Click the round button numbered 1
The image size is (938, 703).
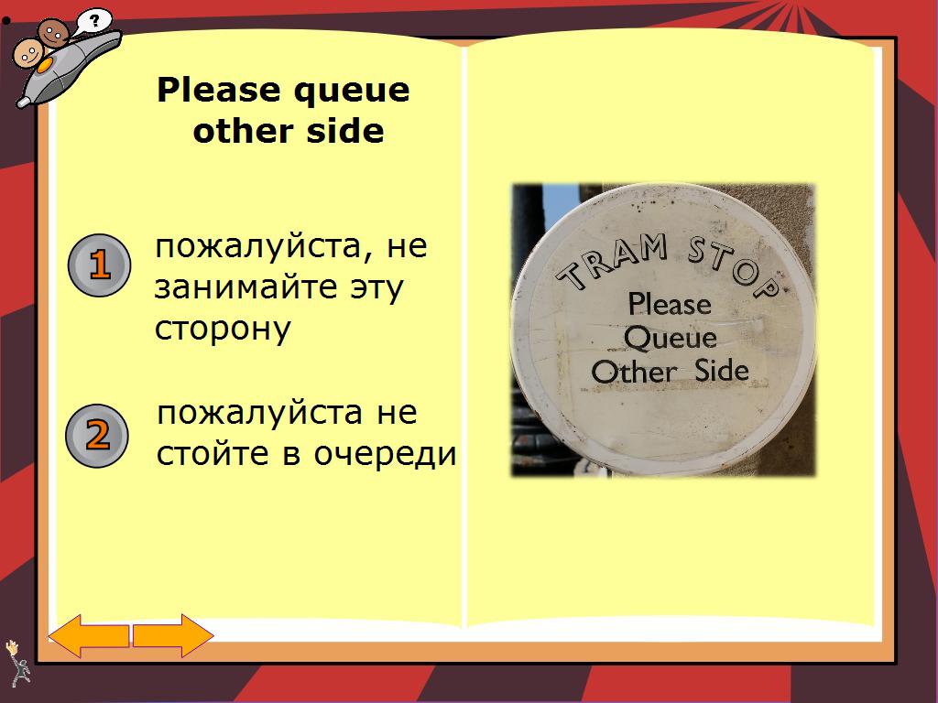point(100,265)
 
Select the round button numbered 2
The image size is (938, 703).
point(97,435)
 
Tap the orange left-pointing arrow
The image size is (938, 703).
point(89,635)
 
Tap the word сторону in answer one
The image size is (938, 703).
point(223,330)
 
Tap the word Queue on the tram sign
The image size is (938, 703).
point(670,339)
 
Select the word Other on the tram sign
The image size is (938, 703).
point(634,372)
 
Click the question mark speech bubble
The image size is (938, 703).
point(93,19)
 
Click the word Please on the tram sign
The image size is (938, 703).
point(669,304)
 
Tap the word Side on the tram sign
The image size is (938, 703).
point(722,370)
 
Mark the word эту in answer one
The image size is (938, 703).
point(372,288)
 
